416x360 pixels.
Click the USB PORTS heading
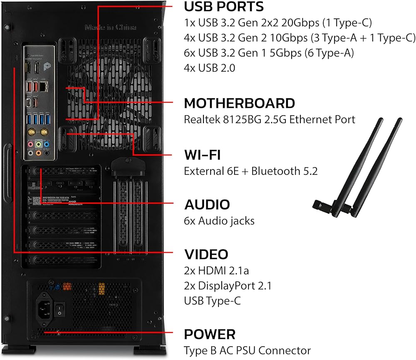tap(223, 7)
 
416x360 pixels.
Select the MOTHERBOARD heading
tap(240, 103)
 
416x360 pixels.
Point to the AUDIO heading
tap(207, 204)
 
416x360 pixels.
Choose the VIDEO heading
tap(206, 254)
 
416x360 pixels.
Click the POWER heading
tap(210, 334)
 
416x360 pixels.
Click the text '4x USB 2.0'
tap(209, 67)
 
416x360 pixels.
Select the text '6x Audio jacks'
tap(219, 221)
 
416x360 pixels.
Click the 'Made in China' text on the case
tap(110, 27)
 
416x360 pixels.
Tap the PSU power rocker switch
tap(60, 308)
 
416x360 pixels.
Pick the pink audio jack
tap(30, 144)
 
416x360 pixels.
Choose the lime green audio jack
tap(39, 144)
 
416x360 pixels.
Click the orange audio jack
tap(39, 153)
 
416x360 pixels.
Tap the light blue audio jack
tap(47, 144)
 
